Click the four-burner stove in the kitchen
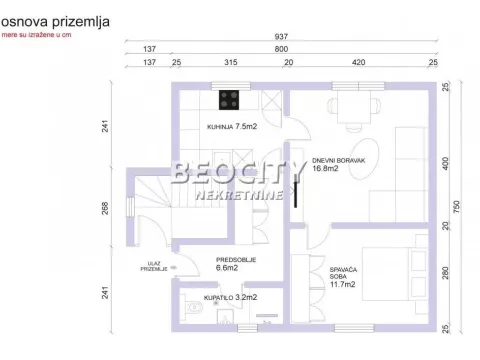(229, 100)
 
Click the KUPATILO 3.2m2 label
(232, 297)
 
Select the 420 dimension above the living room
(357, 62)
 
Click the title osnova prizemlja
(55, 19)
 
